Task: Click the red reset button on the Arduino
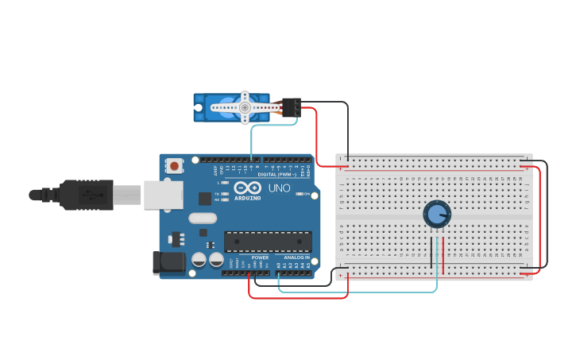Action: (173, 165)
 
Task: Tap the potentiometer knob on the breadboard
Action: (436, 214)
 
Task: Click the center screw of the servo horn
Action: (245, 106)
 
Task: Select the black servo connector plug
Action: (291, 106)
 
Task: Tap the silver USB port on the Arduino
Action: (163, 195)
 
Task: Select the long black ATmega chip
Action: (268, 241)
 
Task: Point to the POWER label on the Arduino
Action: (260, 257)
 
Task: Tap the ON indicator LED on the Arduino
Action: (299, 193)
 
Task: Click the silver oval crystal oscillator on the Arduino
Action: (203, 218)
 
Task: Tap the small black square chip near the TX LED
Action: (205, 198)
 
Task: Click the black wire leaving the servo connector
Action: (334, 103)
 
